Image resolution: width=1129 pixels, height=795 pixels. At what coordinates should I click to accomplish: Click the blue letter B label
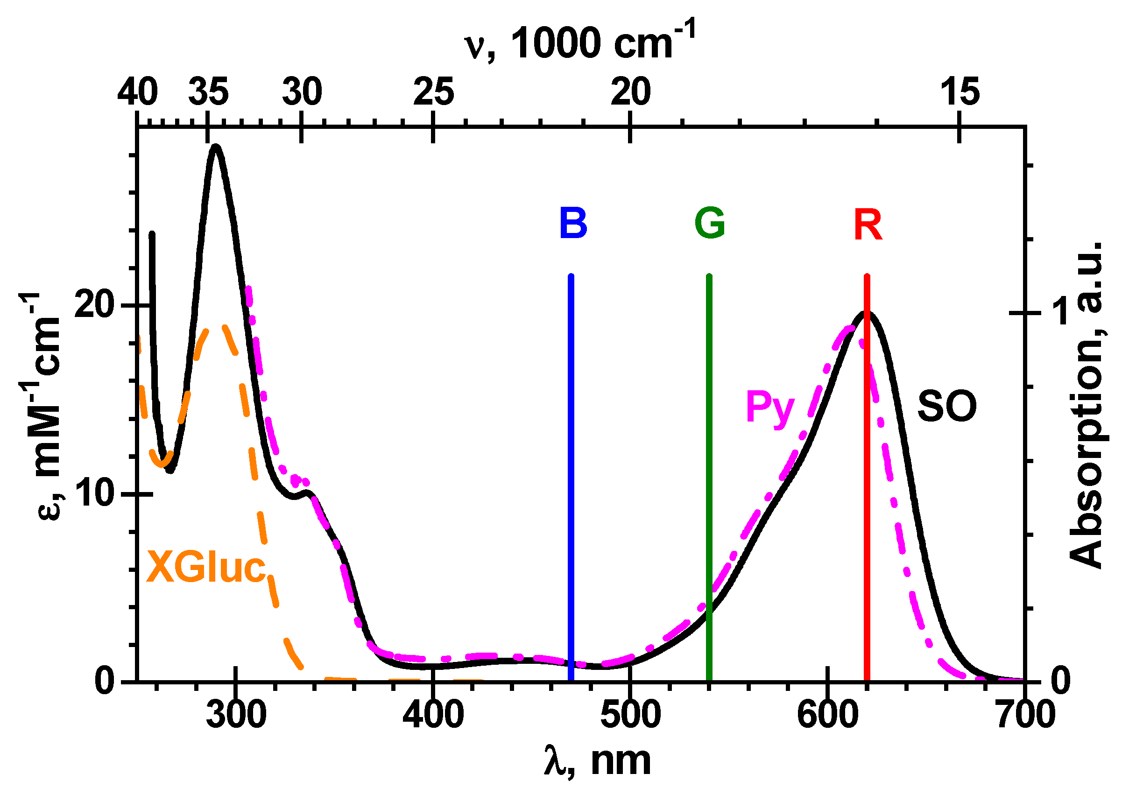point(573,224)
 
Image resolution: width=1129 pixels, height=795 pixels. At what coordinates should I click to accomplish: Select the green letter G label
point(710,224)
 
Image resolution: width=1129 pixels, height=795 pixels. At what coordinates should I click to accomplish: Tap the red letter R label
point(868,225)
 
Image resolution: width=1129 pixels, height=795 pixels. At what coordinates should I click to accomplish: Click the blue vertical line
point(571,443)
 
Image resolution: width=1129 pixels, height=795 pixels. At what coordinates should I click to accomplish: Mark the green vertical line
point(709,443)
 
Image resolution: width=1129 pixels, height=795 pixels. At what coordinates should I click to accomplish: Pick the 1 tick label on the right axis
point(1062,312)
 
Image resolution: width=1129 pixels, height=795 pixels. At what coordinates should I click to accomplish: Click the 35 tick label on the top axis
point(209,92)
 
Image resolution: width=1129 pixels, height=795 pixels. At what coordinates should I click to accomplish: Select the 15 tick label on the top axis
point(960,92)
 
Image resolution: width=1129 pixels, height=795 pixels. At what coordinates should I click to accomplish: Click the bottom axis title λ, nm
point(598,761)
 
